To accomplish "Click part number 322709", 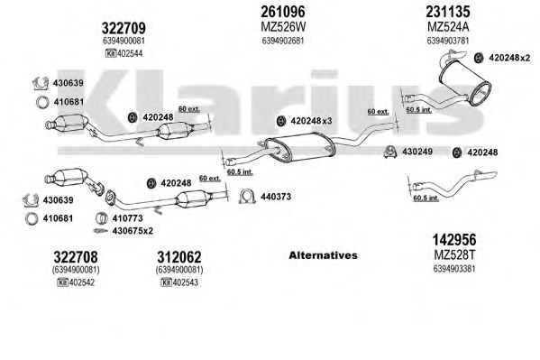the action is coord(124,28).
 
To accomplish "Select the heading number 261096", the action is coord(283,12).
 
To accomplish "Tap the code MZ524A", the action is coord(448,26).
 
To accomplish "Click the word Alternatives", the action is coord(323,255).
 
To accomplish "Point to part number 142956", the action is coord(454,239).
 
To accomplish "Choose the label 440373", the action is coord(276,197).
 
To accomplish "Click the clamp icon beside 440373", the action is coord(247,196).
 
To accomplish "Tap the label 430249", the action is coord(417,152).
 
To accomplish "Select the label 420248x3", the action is coord(311,121).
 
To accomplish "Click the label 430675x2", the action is coord(133,231).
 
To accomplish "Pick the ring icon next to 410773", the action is coord(102,218).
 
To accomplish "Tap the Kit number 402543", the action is coord(186,282).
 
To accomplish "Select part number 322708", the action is coord(76,257).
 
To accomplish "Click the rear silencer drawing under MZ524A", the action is coord(465,82).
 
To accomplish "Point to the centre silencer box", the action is coord(299,148).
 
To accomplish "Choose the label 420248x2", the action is coord(509,58).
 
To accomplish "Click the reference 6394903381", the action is coord(454,268).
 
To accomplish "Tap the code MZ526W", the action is coord(283,26).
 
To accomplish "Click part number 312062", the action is coord(179,257).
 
